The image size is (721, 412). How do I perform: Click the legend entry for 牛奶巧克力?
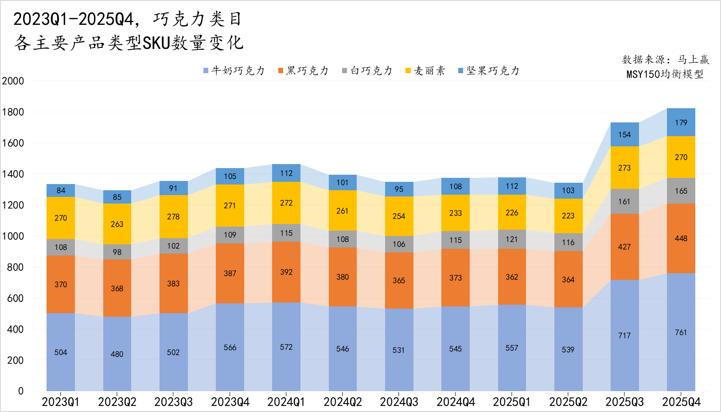[x=234, y=71]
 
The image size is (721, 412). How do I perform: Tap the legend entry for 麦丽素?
[x=425, y=71]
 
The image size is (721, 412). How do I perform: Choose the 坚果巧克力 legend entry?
[x=489, y=71]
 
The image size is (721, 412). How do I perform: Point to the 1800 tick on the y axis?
[x=13, y=112]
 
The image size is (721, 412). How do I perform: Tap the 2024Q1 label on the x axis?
[x=286, y=402]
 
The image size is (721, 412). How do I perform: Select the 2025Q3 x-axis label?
[x=624, y=402]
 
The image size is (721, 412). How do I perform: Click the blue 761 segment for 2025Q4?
[x=681, y=332]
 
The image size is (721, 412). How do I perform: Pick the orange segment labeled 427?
[x=624, y=247]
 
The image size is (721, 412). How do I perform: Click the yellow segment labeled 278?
[x=173, y=216]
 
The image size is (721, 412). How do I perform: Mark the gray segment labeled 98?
[x=117, y=252]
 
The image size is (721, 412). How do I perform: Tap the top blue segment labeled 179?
[x=681, y=122]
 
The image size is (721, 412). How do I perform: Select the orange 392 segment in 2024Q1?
[x=286, y=272]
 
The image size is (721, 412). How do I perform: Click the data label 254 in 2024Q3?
[x=399, y=216]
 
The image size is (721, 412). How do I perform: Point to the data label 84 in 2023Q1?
[x=61, y=191]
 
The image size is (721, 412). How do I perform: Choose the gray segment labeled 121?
[x=512, y=239]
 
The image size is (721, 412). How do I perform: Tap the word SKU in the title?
[x=156, y=43]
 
